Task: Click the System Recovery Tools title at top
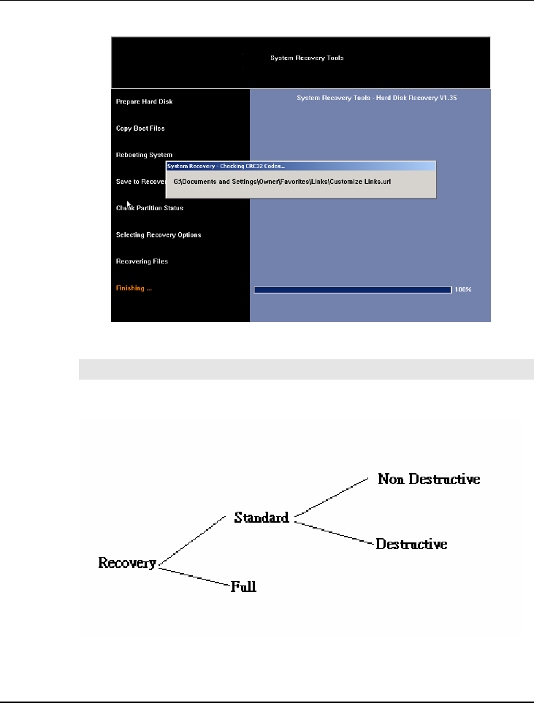(x=307, y=58)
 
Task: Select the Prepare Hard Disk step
(x=144, y=101)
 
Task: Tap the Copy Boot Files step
(x=140, y=128)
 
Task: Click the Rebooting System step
(x=144, y=155)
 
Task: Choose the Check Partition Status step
(x=150, y=208)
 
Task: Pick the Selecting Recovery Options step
(x=159, y=235)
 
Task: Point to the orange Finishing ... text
(x=134, y=288)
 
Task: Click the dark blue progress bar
(x=352, y=290)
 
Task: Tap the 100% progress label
(x=463, y=290)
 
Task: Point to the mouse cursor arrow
(x=128, y=204)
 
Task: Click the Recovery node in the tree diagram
(x=127, y=563)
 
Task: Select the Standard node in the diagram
(x=262, y=518)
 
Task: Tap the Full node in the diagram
(x=244, y=585)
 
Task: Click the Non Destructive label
(x=428, y=480)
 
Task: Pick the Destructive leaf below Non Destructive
(x=411, y=545)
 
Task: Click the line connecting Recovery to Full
(x=194, y=575)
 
